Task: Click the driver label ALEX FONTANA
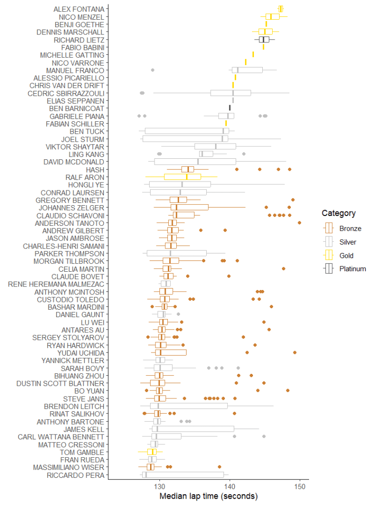tap(79, 9)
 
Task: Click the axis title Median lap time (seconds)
tap(209, 496)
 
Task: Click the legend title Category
tap(339, 213)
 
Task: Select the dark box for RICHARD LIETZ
tap(264, 39)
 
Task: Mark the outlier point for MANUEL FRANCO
tap(153, 70)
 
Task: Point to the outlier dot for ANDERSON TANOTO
tap(300, 223)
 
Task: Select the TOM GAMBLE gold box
tap(152, 452)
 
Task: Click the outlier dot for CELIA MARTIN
tap(284, 269)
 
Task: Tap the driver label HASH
tap(95, 170)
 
